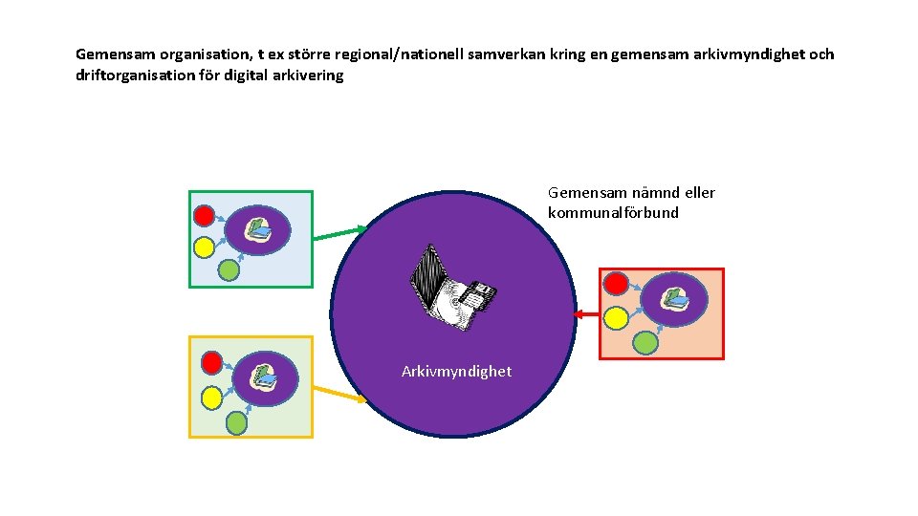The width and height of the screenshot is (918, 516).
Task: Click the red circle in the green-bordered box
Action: point(204,215)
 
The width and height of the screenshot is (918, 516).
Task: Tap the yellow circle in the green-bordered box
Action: point(204,247)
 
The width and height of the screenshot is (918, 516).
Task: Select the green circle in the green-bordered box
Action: point(229,270)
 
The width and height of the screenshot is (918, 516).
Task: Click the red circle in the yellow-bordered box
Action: point(212,362)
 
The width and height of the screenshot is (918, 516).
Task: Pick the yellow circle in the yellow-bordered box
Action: point(212,394)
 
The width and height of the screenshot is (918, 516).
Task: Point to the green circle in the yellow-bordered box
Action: point(236,420)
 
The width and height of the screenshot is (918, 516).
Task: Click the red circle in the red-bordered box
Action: point(617,284)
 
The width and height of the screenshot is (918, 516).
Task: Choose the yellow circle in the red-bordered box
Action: point(617,316)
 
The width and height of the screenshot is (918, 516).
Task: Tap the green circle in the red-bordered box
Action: point(646,341)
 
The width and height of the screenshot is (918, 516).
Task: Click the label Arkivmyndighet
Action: point(456,371)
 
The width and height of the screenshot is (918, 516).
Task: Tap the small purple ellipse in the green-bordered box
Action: point(257,229)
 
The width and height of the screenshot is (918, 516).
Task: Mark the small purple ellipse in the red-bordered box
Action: point(674,298)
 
